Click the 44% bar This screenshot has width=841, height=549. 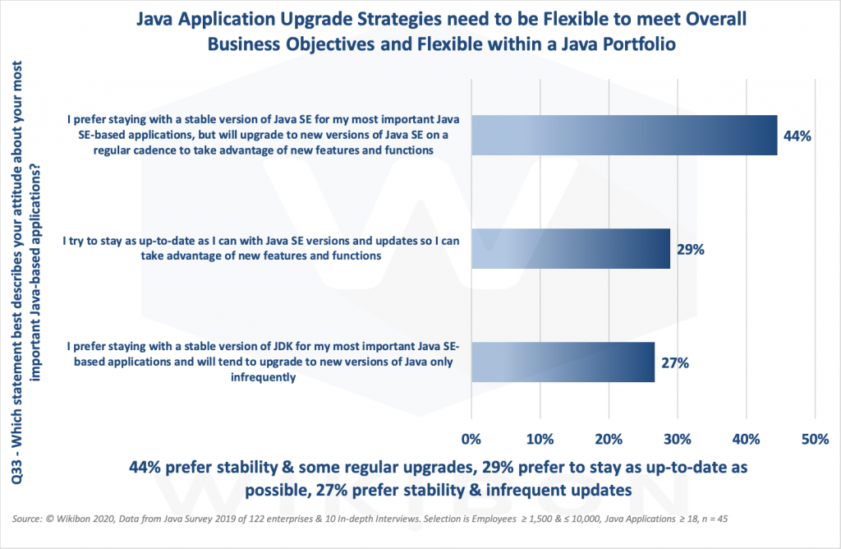click(624, 136)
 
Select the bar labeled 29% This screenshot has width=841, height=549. click(571, 249)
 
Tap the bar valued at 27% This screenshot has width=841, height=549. click(563, 362)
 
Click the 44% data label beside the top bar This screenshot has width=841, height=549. click(797, 136)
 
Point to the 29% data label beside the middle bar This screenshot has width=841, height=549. click(691, 249)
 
